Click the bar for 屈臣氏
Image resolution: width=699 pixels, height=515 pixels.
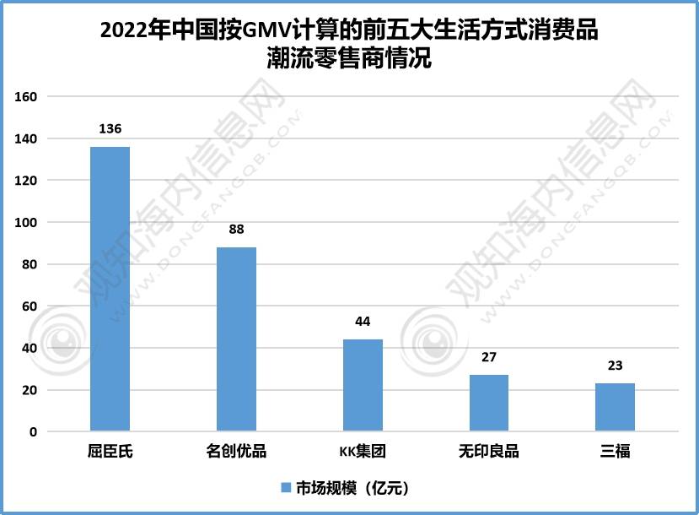pos(110,290)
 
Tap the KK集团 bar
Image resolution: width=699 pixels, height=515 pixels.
pos(363,386)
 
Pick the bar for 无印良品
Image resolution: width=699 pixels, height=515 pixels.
pos(489,404)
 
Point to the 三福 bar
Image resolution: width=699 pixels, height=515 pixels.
pos(615,408)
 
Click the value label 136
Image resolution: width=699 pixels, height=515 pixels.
pos(110,129)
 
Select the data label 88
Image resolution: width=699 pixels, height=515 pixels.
pos(236,230)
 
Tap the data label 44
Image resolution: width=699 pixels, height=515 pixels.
pos(363,322)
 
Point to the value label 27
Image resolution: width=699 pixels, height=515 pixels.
pos(489,357)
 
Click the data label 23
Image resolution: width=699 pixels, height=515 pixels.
pos(615,366)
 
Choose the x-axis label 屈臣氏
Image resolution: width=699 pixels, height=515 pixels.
pos(110,451)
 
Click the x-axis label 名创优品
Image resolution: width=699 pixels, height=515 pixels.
pos(236,451)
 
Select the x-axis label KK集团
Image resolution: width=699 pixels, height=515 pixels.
pos(363,451)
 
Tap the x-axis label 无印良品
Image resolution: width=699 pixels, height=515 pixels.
pos(489,451)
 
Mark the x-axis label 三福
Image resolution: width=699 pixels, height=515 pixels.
pos(615,451)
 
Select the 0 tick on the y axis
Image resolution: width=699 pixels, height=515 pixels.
pos(34,432)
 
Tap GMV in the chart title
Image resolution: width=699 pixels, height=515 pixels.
pos(265,31)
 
